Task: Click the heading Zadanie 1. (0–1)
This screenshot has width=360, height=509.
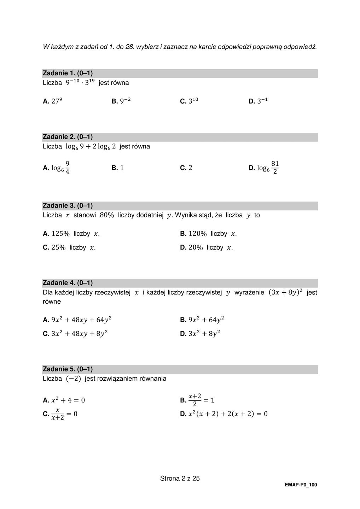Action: [x=68, y=73]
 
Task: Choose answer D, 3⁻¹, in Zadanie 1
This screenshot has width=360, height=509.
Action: [x=262, y=101]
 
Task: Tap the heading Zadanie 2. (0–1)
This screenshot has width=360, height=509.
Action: [x=68, y=137]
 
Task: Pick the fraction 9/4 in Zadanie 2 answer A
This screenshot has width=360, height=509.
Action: [x=67, y=168]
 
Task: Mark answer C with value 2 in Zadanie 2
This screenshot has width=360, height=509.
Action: [x=190, y=168]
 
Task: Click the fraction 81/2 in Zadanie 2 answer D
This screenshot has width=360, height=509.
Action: [x=275, y=168]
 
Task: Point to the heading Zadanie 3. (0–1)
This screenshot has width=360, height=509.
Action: [x=68, y=205]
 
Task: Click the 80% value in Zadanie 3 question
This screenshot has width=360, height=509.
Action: [x=107, y=215]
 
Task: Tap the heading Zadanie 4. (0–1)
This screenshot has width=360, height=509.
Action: [x=68, y=283]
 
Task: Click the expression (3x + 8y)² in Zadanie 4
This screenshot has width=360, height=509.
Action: [x=285, y=292]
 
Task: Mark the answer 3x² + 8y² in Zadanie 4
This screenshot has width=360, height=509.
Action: [x=204, y=334]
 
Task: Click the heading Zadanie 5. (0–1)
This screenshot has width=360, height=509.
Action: [x=68, y=369]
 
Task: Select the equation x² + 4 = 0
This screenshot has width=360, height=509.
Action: [x=68, y=400]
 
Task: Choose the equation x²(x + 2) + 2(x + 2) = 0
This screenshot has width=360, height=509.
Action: [x=228, y=414]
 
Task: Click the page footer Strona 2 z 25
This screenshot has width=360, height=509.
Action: [x=180, y=479]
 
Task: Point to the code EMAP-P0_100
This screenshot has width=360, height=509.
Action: [x=301, y=485]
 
